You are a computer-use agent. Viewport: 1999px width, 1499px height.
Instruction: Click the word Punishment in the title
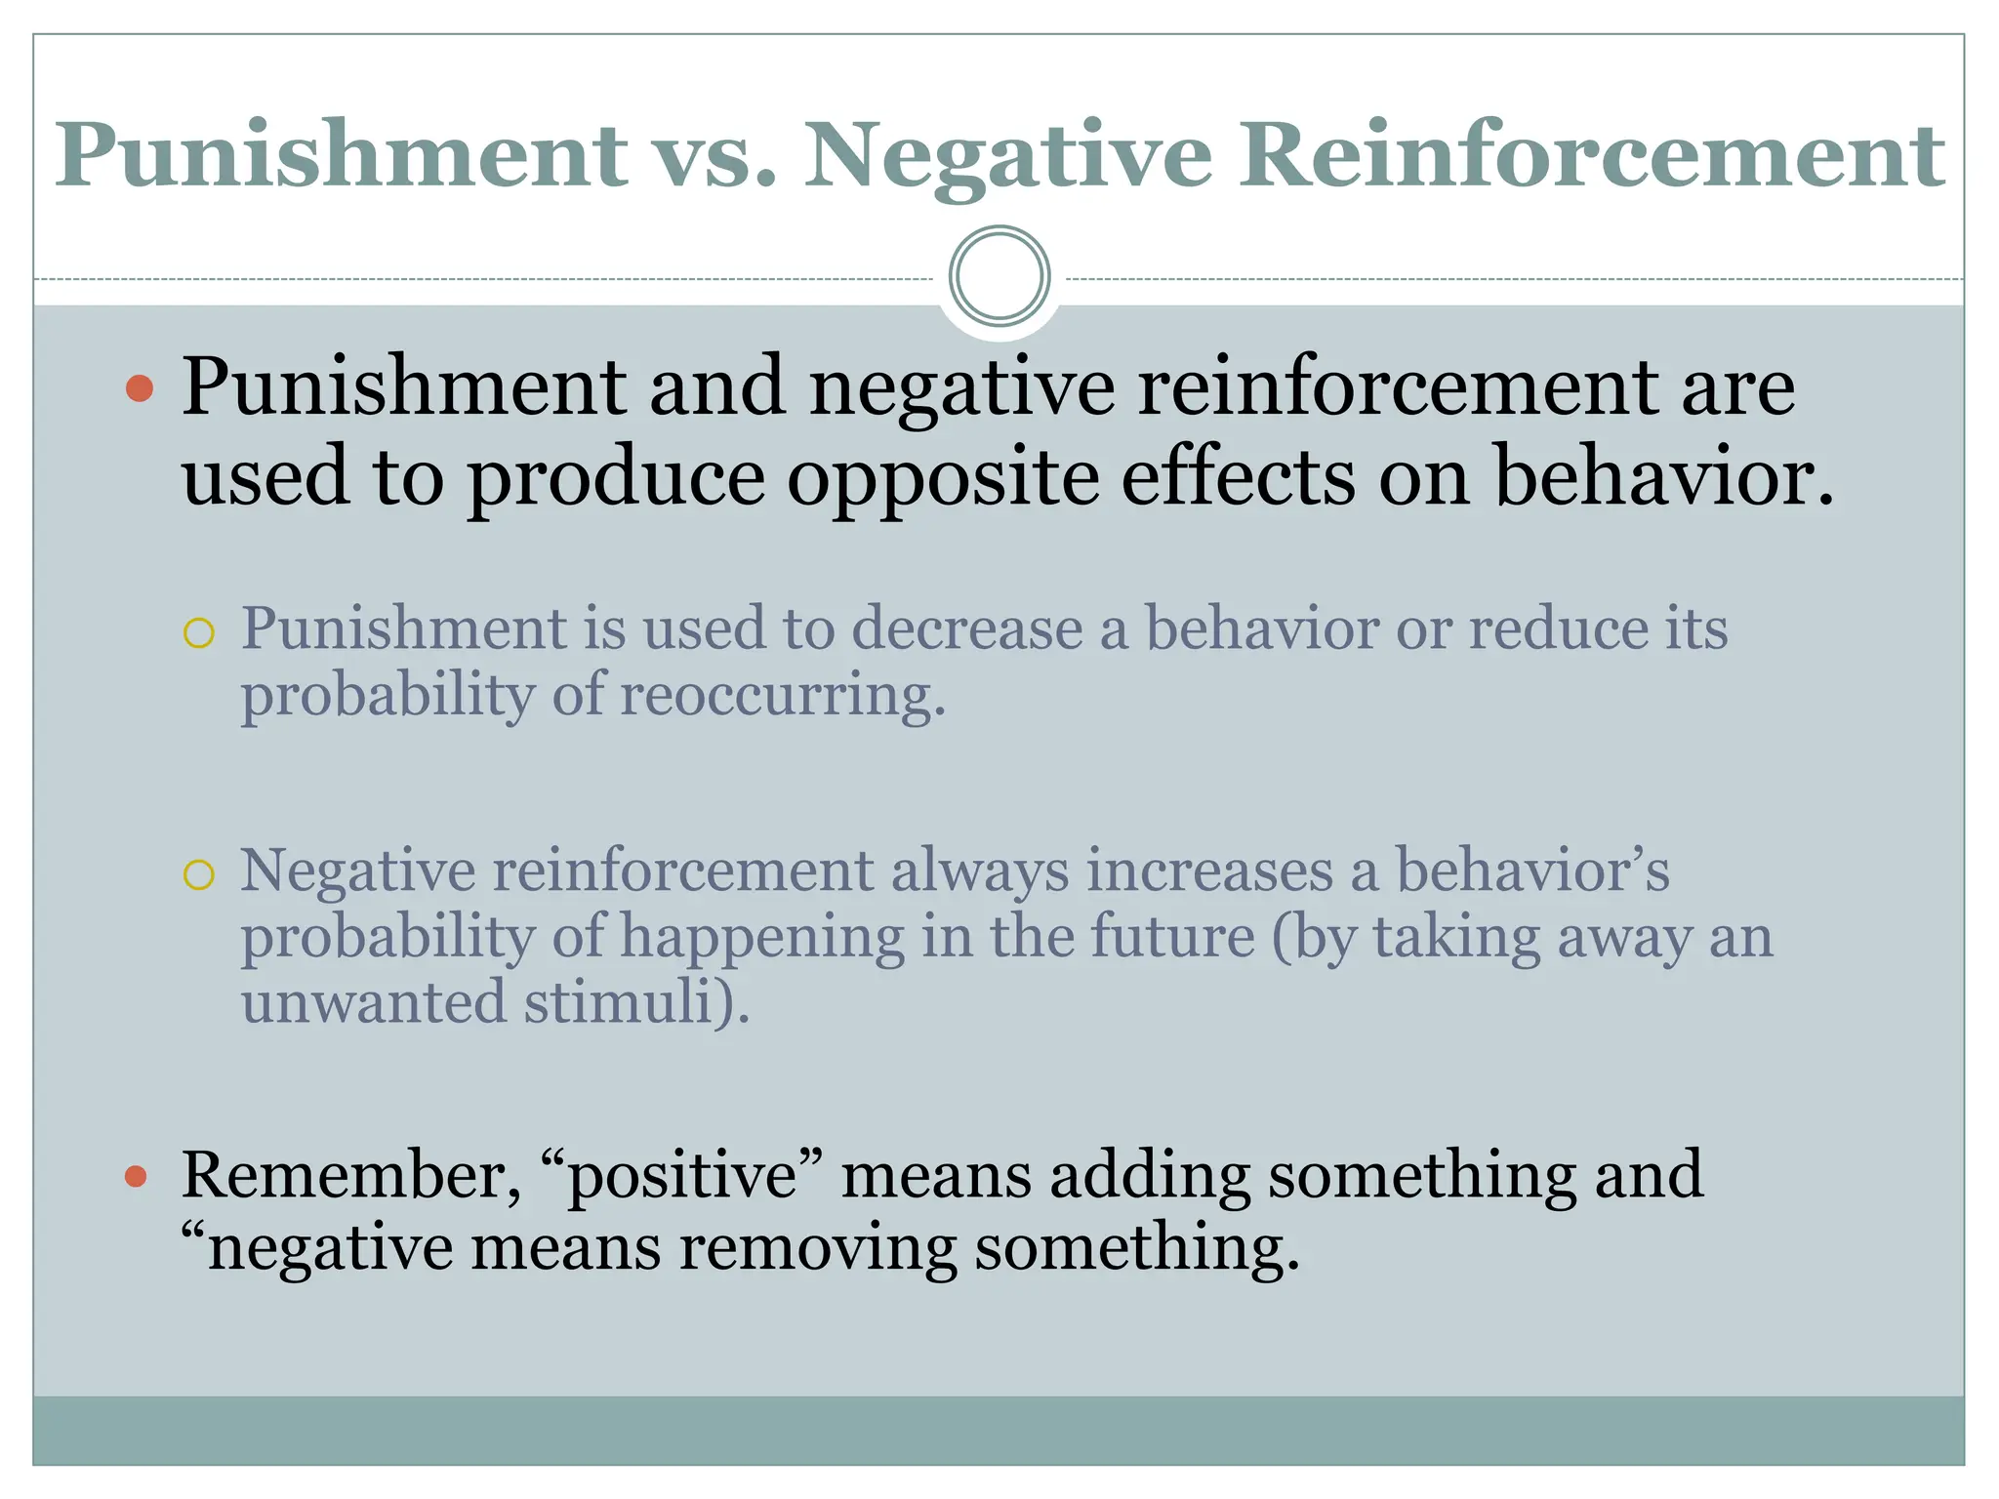pyautogui.click(x=342, y=156)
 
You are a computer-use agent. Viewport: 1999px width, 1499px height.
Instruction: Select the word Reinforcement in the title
pyautogui.click(x=1593, y=156)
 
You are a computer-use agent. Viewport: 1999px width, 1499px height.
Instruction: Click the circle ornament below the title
pyautogui.click(x=999, y=276)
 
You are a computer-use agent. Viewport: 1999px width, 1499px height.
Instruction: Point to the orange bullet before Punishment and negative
pyautogui.click(x=141, y=388)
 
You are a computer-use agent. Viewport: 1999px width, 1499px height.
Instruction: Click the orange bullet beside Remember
pyautogui.click(x=137, y=1176)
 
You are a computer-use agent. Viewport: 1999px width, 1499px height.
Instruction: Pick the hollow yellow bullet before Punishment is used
pyautogui.click(x=198, y=633)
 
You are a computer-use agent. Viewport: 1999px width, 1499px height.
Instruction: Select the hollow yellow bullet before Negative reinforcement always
pyautogui.click(x=198, y=875)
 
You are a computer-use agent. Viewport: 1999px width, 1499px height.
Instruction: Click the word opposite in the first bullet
pyautogui.click(x=943, y=478)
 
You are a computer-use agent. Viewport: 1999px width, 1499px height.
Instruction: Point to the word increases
pyautogui.click(x=1209, y=870)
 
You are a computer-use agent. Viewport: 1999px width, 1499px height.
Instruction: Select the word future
pyautogui.click(x=1172, y=936)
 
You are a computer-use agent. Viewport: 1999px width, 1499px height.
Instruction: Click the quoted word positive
pyautogui.click(x=682, y=1176)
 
